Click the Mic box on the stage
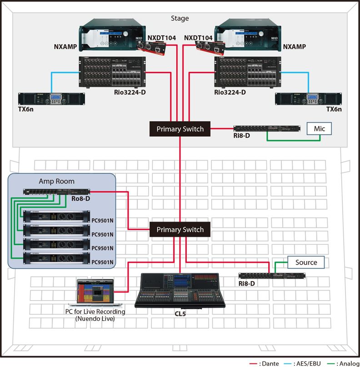[320, 129]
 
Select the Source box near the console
[306, 262]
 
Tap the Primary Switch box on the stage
[180, 129]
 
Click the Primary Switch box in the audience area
[180, 230]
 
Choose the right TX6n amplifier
[308, 98]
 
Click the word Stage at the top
[180, 19]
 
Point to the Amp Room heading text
[56, 181]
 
